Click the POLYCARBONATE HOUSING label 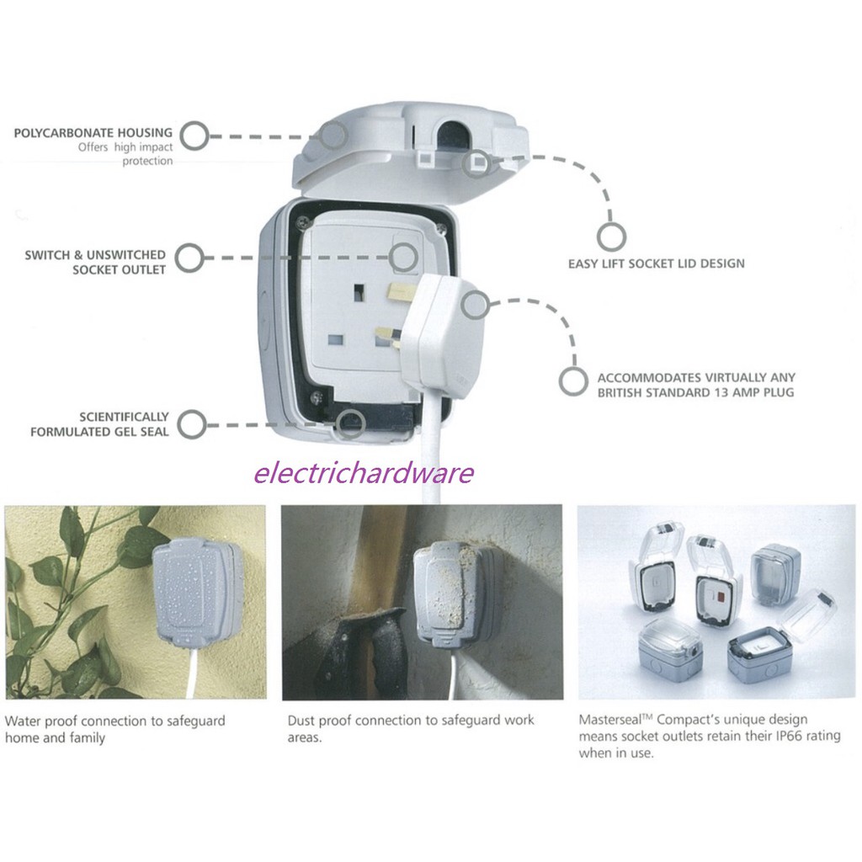(93, 133)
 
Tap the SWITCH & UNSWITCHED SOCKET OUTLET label (95, 262)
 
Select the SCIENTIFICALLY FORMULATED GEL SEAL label (99, 424)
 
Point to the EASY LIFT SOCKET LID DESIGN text (656, 263)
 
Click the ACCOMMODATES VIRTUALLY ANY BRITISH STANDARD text (695, 385)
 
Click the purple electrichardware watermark (364, 473)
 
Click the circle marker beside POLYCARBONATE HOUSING (194, 136)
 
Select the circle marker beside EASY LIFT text (611, 237)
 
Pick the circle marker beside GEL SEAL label (192, 424)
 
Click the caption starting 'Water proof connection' (115, 729)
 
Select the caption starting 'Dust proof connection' (410, 729)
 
